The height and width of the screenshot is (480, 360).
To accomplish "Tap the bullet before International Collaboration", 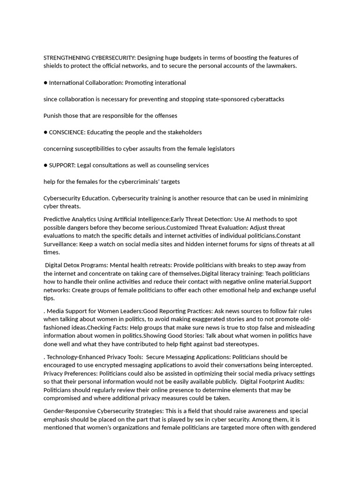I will pyautogui.click(x=45, y=83).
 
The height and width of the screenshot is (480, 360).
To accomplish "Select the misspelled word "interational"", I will pyautogui.click(x=169, y=83).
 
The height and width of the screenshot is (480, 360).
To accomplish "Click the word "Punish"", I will pyautogui.click(x=53, y=116).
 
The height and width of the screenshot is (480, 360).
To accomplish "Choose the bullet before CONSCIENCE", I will pyautogui.click(x=45, y=132).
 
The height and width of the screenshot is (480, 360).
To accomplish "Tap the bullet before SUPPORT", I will pyautogui.click(x=45, y=165).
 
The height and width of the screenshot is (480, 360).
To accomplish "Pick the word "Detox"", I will pyautogui.click(x=77, y=265).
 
